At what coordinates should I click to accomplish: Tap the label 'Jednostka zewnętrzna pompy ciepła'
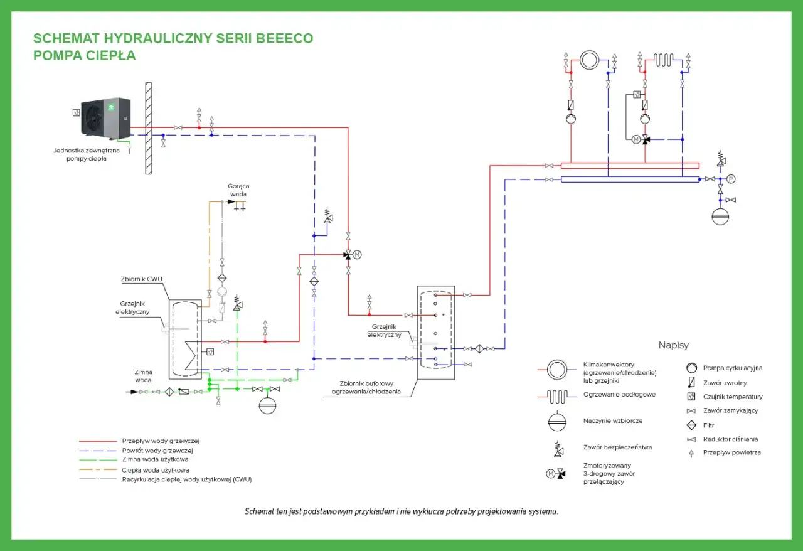click(87, 154)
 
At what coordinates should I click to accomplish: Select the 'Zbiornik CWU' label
click(141, 279)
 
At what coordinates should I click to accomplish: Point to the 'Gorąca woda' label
click(238, 190)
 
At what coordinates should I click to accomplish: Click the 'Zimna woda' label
click(143, 376)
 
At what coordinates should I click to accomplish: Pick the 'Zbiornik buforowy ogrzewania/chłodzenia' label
click(366, 387)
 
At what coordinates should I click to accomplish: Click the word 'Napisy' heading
click(674, 345)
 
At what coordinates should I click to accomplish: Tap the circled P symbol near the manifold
click(731, 179)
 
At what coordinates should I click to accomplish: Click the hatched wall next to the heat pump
click(149, 129)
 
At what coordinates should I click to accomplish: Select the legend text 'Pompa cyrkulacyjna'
click(733, 368)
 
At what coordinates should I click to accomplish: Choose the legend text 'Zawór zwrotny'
click(725, 383)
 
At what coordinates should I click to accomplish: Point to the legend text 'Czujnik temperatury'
click(733, 397)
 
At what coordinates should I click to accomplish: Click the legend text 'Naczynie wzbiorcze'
click(613, 421)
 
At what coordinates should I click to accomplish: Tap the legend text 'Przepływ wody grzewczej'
click(161, 441)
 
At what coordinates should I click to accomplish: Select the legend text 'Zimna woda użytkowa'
click(155, 459)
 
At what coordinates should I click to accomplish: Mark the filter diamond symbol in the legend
click(691, 425)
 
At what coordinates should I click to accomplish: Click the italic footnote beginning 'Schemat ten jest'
click(401, 511)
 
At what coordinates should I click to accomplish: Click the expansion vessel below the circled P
click(720, 217)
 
